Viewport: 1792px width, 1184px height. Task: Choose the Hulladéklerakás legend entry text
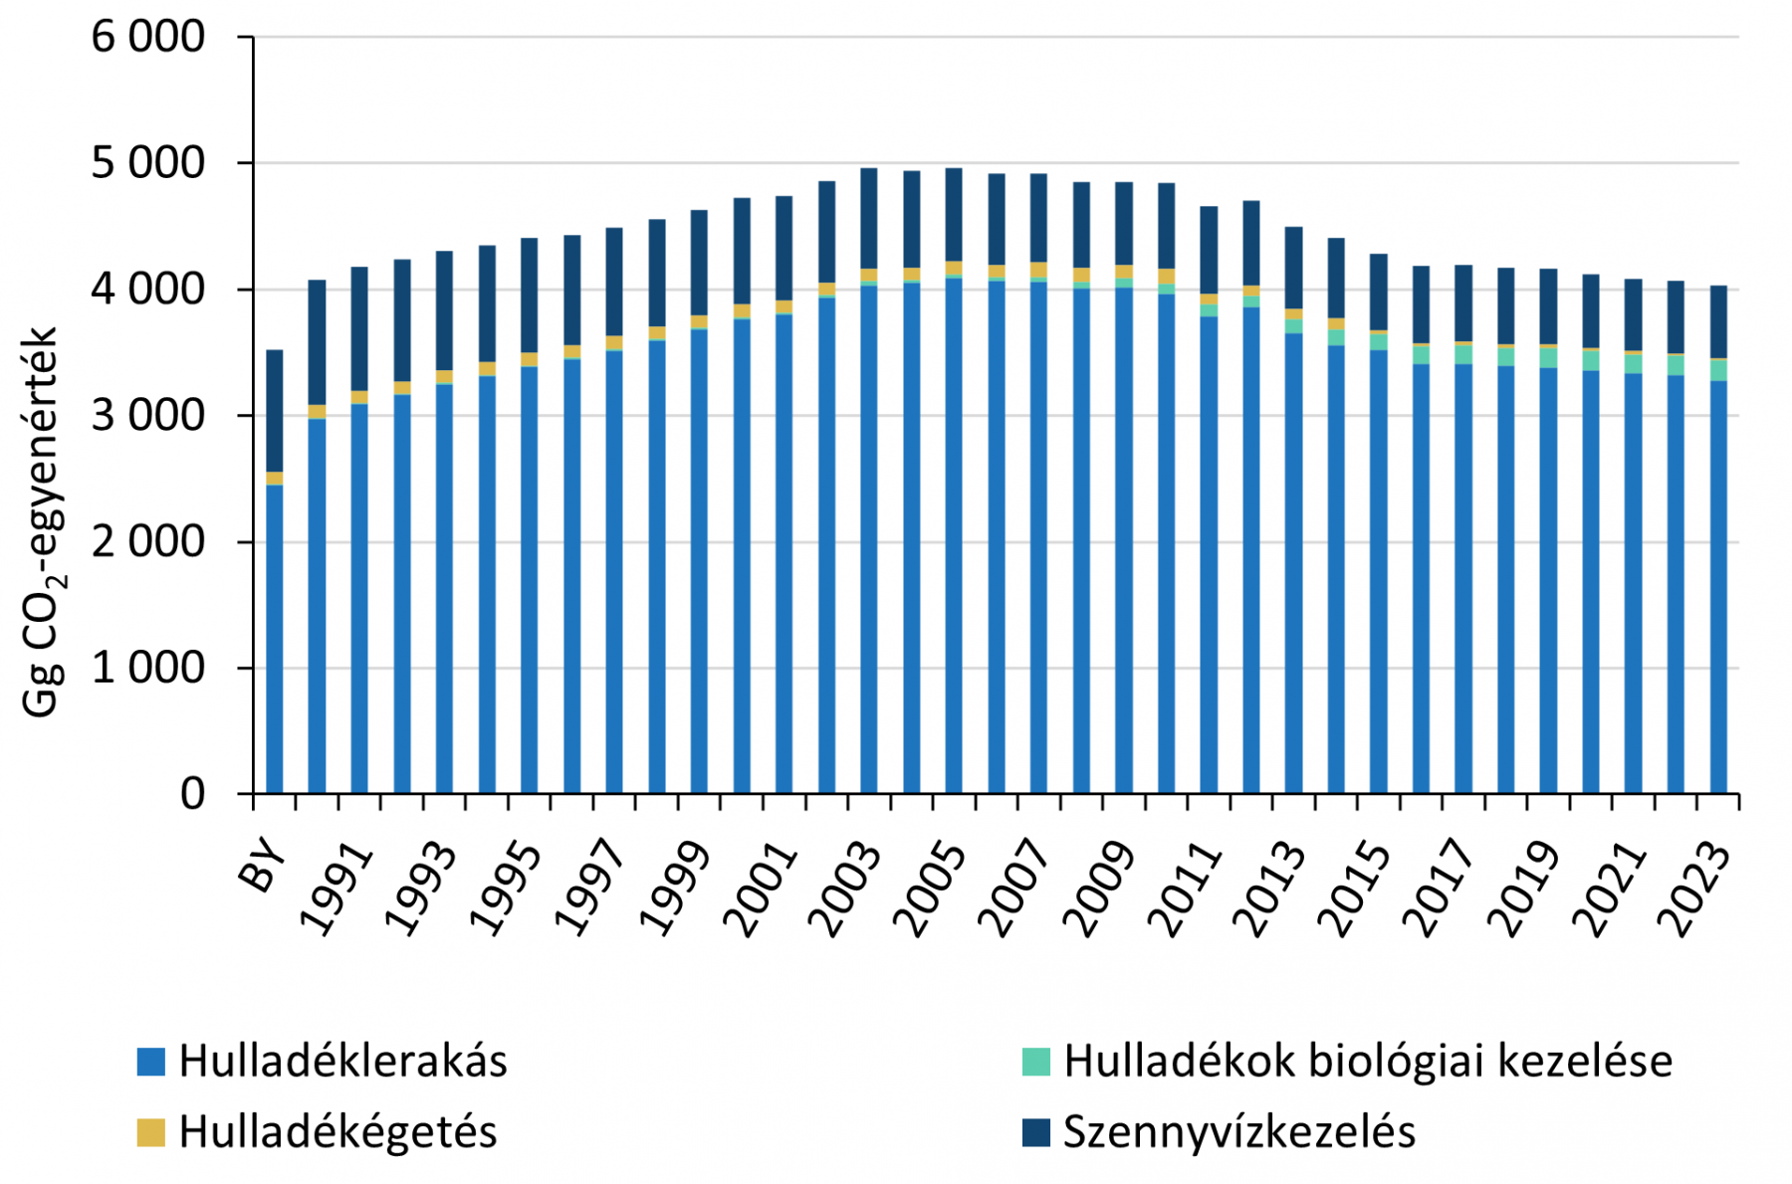click(342, 1062)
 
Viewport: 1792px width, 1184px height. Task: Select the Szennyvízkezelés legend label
click(1238, 1132)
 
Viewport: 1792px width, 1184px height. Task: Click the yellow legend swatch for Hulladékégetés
click(150, 1132)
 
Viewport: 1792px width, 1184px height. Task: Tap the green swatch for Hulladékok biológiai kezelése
click(1035, 1062)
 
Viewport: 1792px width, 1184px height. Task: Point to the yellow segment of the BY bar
click(275, 479)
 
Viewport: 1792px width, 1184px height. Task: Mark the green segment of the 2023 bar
click(1718, 370)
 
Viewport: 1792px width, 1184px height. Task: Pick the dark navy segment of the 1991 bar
click(359, 328)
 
